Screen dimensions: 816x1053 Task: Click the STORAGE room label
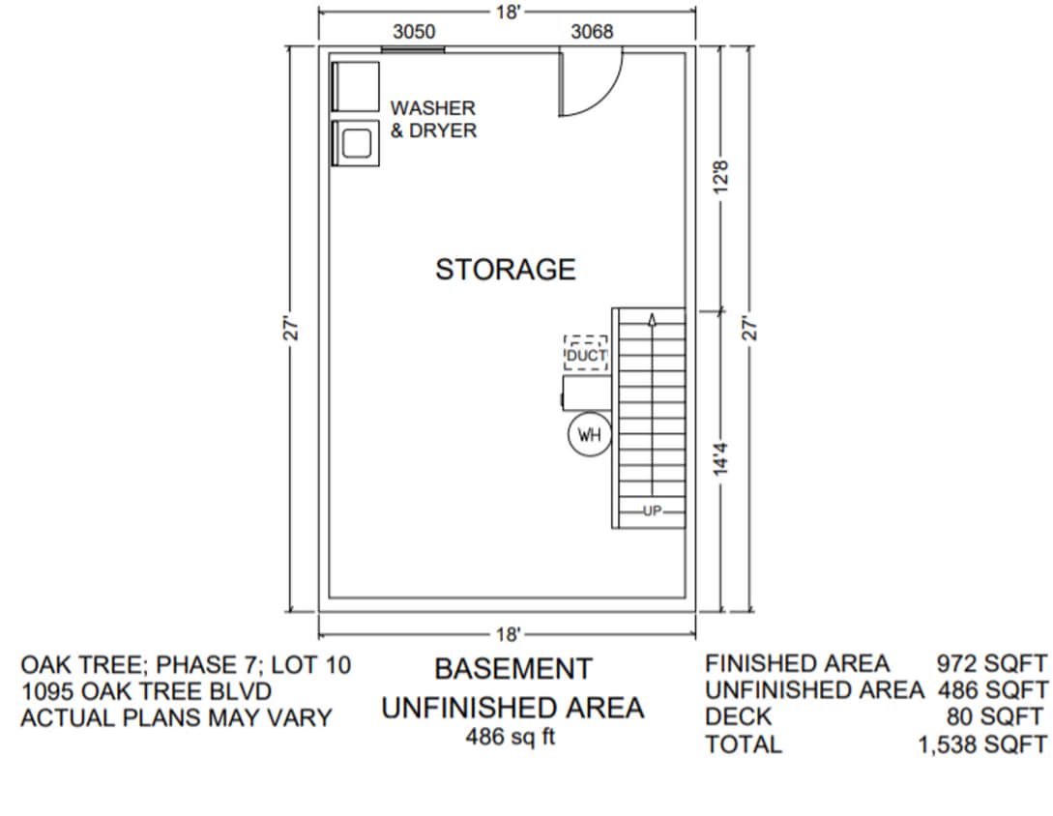click(505, 270)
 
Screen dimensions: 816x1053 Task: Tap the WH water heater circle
click(589, 435)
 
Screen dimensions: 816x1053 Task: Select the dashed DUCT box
click(586, 354)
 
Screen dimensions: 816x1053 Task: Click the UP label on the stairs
click(652, 511)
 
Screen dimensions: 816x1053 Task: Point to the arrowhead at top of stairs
click(652, 319)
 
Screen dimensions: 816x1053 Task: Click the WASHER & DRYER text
click(433, 119)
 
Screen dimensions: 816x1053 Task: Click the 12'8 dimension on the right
click(720, 177)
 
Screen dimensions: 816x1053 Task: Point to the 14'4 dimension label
click(720, 459)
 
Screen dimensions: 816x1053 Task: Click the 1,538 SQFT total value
click(981, 744)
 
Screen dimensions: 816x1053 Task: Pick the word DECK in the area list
click(739, 717)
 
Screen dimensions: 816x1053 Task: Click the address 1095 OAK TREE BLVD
click(146, 691)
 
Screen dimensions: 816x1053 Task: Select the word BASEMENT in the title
click(512, 669)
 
